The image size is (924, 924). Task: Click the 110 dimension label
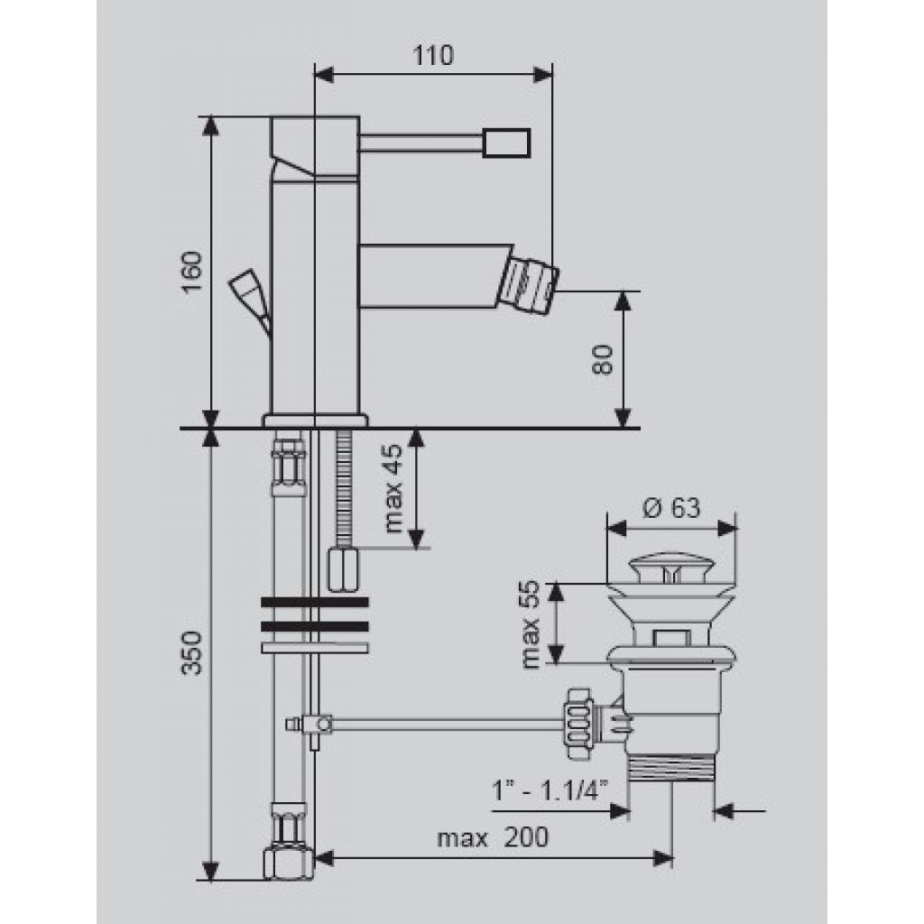tap(433, 55)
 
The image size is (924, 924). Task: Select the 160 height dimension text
tap(192, 273)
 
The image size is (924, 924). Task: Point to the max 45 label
tap(393, 488)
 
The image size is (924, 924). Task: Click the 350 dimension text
tap(192, 653)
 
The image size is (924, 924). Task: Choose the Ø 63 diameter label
tap(671, 507)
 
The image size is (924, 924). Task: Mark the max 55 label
tap(531, 624)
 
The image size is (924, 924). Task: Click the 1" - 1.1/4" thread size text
tap(550, 790)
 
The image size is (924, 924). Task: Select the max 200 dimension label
tap(493, 837)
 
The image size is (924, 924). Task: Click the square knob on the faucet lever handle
tap(506, 143)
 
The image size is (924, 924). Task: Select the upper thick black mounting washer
tap(315, 602)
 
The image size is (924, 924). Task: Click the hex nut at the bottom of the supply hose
tap(288, 862)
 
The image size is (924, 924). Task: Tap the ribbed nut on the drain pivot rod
tap(578, 723)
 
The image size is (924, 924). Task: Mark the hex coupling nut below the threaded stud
tap(343, 568)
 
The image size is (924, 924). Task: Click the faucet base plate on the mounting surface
tap(315, 420)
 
